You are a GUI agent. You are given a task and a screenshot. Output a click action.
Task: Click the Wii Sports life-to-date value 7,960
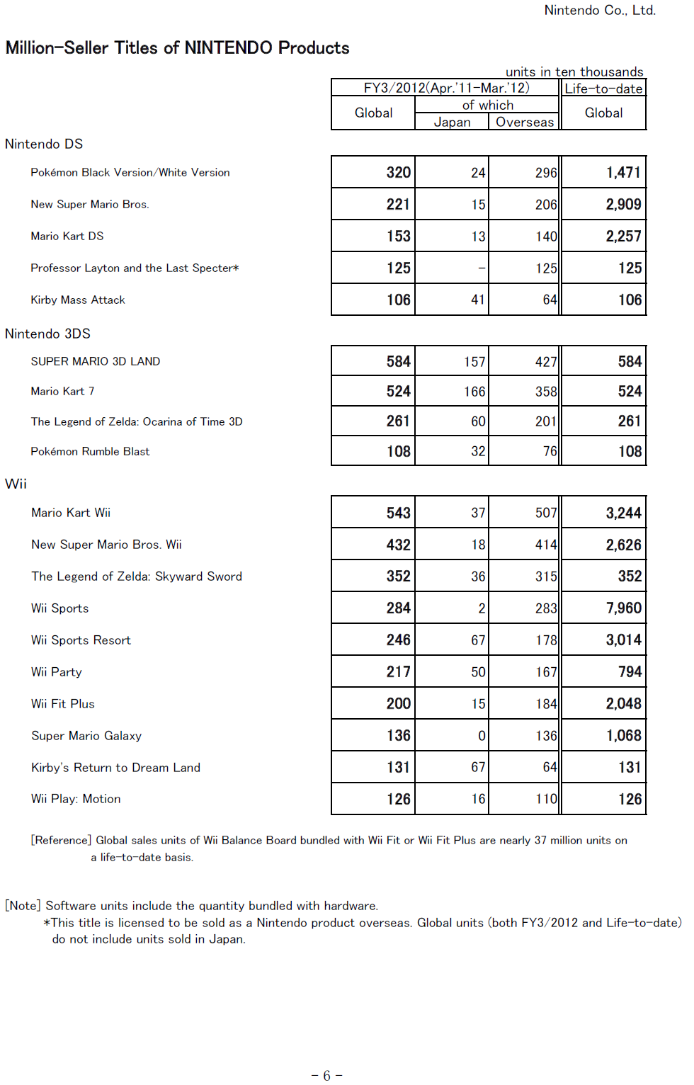[623, 608]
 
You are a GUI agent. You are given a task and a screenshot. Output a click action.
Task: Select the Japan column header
[452, 122]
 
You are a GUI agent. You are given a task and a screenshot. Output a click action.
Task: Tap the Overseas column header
[524, 122]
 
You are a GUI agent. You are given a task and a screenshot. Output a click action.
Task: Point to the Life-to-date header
[603, 89]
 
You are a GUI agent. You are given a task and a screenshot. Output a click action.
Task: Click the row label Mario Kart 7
[62, 391]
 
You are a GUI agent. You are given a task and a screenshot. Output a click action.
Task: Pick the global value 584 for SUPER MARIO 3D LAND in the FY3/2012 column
[398, 362]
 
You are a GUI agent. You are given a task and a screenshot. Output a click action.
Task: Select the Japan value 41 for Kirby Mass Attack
[478, 300]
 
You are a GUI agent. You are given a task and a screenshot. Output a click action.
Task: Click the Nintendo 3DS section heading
[47, 334]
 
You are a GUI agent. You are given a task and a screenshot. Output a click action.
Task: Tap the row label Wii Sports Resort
[81, 640]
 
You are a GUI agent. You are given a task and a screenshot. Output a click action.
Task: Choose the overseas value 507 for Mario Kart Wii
[545, 513]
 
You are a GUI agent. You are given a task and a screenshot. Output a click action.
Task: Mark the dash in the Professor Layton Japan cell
[482, 268]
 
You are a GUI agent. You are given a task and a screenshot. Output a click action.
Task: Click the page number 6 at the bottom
[326, 1076]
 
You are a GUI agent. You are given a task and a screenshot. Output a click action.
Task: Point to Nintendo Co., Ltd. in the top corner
[599, 10]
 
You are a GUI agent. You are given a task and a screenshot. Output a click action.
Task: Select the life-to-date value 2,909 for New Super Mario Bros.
[623, 205]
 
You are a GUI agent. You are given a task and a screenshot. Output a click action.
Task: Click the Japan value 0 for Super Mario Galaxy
[482, 736]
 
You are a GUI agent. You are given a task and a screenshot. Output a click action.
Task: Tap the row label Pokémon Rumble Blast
[90, 451]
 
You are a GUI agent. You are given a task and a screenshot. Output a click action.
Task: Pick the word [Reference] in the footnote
[61, 840]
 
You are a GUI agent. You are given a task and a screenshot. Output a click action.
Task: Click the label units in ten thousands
[574, 72]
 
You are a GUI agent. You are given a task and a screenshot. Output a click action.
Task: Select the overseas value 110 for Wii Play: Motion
[545, 799]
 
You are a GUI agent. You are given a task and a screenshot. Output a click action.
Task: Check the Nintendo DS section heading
[44, 144]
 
